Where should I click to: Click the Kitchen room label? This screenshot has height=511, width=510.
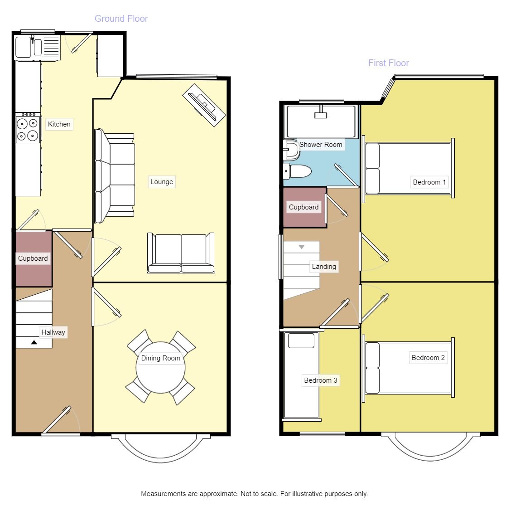tap(59, 124)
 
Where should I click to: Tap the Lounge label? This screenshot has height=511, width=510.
tap(161, 182)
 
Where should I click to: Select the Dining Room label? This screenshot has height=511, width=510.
tap(160, 358)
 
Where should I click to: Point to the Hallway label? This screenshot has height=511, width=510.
tap(53, 332)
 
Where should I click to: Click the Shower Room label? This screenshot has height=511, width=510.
tap(321, 145)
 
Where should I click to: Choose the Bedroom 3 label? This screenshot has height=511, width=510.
tap(321, 380)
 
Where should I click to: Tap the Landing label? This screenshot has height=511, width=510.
tap(324, 267)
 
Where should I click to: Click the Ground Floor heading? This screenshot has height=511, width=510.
tap(121, 19)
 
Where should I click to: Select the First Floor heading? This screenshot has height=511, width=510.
tap(388, 63)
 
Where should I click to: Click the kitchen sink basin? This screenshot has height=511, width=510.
tap(23, 47)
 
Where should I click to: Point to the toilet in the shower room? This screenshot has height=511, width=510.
tap(297, 171)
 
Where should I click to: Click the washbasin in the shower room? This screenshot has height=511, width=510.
tap(292, 150)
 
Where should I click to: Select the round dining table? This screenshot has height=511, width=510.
tap(160, 368)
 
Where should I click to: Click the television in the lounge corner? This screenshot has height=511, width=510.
tap(204, 105)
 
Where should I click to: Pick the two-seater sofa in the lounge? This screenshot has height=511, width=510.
tap(181, 253)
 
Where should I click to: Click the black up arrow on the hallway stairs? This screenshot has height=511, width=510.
tap(34, 342)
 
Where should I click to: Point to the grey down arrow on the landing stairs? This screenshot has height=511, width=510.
tap(302, 247)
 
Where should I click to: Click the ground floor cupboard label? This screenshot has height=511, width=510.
tap(33, 258)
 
